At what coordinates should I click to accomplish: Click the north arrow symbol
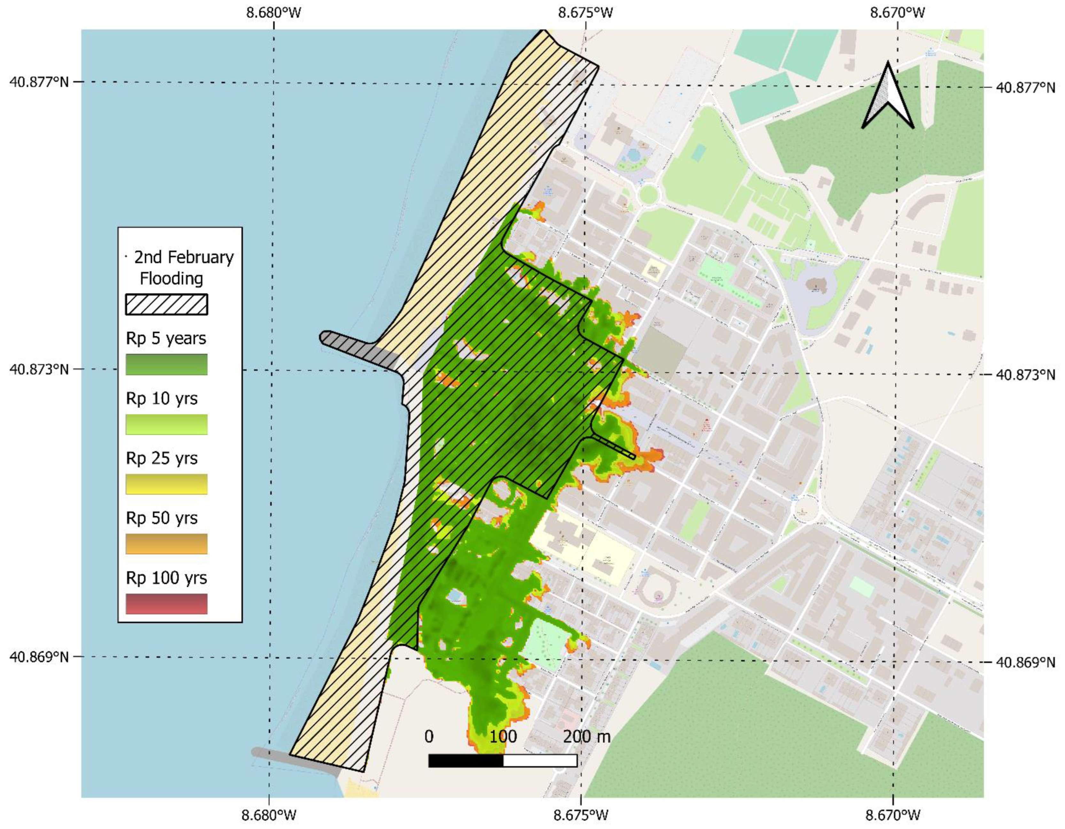click(x=888, y=97)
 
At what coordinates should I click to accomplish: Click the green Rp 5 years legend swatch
click(x=166, y=364)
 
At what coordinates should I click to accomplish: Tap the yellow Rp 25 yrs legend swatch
click(x=166, y=484)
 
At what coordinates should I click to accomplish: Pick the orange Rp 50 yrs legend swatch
click(x=166, y=544)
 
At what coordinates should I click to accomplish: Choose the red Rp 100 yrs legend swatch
click(x=166, y=604)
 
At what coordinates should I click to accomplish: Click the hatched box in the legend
click(x=166, y=304)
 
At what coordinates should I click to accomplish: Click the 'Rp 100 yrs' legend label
click(x=166, y=578)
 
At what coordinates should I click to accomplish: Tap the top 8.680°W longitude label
click(x=274, y=13)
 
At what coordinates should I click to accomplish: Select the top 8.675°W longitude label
click(x=586, y=13)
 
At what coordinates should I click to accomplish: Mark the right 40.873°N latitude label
click(x=1025, y=375)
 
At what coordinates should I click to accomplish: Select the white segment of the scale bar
click(x=540, y=760)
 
